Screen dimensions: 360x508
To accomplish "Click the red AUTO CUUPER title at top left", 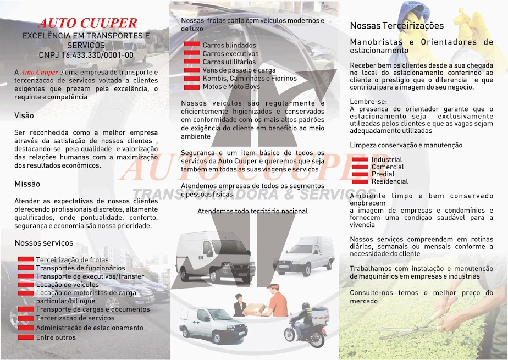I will point(87,23).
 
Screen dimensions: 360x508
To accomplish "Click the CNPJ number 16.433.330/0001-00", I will point(86,55).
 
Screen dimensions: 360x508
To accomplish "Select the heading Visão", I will point(24,115).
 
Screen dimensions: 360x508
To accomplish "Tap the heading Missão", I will point(27,184).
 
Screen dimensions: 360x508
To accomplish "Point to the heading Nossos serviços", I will point(43,242).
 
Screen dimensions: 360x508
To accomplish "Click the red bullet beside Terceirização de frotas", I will point(26,259).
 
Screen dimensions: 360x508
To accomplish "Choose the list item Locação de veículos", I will point(67,285).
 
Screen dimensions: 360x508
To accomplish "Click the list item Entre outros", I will point(56,337).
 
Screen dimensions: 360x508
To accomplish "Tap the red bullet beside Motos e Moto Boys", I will point(191,86).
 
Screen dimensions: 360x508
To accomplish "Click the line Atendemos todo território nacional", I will point(252,211).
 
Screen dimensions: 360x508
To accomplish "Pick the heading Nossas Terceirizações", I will point(396,25).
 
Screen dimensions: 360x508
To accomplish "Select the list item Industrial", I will point(386,160).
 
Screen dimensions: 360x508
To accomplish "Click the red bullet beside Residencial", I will point(360,181).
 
